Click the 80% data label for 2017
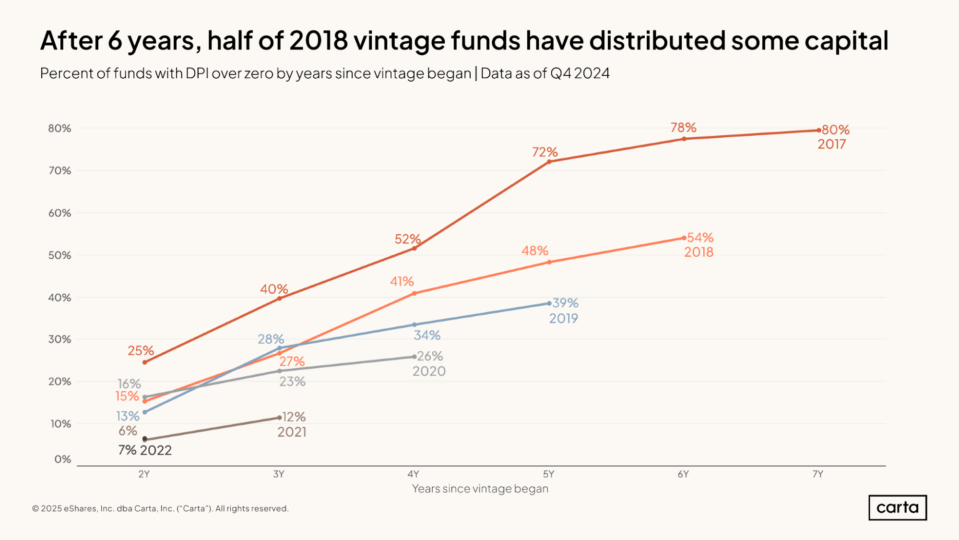coord(836,130)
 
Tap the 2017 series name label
coord(832,144)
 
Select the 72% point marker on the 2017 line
coord(549,162)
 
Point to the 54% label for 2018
coord(700,238)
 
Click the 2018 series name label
coord(699,252)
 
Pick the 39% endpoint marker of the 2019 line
coord(549,303)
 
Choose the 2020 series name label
coord(429,371)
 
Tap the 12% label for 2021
coord(294,417)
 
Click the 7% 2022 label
coord(145,450)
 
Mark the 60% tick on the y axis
coord(59,213)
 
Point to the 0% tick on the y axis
coord(62,459)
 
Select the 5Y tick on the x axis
coord(549,474)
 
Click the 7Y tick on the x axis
coord(818,474)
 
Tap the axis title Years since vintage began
coord(480,489)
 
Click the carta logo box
coord(898,507)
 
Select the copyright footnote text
coord(160,508)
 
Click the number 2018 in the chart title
coord(319,40)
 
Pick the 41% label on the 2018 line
coord(402,281)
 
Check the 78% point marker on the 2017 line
coord(684,139)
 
